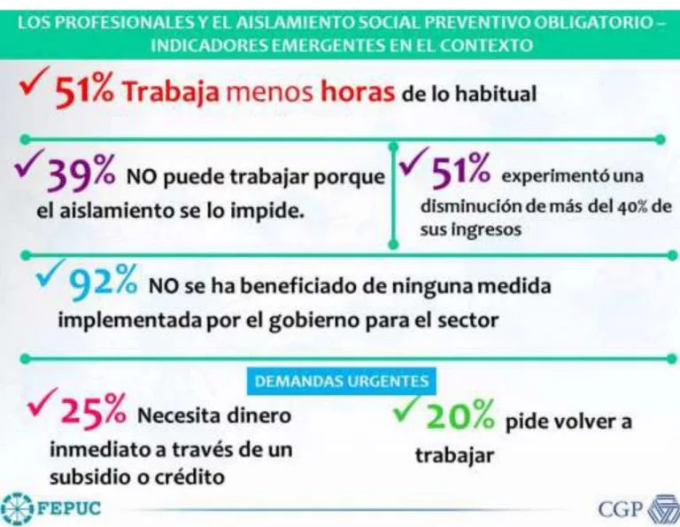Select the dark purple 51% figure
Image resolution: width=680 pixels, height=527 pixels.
460,171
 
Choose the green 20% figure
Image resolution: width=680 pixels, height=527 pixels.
461,416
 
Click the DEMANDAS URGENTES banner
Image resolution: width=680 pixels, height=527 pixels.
341,382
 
